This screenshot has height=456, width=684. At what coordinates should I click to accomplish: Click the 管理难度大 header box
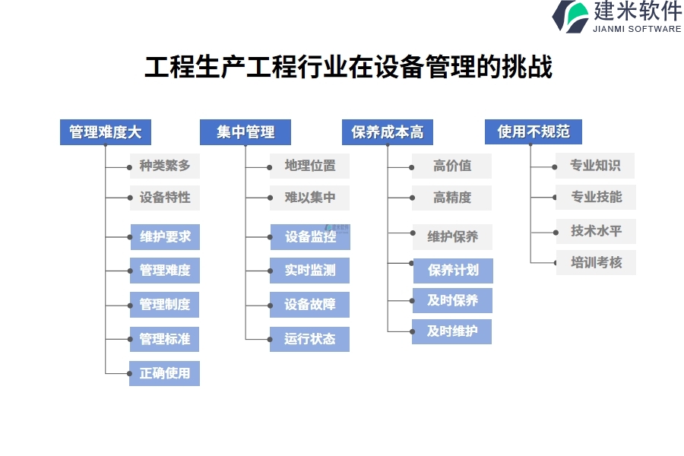point(105,132)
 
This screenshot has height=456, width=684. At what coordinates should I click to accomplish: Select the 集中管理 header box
point(245,132)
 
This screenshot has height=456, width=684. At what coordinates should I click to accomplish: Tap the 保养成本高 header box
point(387,132)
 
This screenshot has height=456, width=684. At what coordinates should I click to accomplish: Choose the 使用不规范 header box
point(533,132)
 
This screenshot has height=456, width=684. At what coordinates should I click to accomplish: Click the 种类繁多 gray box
point(164,166)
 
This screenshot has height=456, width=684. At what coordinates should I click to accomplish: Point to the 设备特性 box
point(164,198)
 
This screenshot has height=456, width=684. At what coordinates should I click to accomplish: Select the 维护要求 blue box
point(164,237)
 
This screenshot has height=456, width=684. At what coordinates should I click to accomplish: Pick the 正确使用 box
point(164,373)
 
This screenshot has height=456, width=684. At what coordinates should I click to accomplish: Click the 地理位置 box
point(309,166)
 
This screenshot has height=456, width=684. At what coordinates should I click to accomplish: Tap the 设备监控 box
point(310,237)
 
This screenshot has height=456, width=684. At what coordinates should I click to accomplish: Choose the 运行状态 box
point(309,339)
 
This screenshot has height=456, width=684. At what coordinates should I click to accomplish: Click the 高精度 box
point(451,198)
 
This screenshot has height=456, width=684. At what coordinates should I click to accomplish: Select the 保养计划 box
point(452,271)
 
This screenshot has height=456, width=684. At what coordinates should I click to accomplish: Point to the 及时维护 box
point(451,331)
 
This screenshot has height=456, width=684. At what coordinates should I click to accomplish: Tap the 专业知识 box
point(595,166)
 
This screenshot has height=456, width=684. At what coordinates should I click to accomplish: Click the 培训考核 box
point(596,263)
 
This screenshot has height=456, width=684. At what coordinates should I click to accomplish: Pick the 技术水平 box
point(596,231)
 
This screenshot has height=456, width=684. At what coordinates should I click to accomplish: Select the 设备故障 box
point(309,305)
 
